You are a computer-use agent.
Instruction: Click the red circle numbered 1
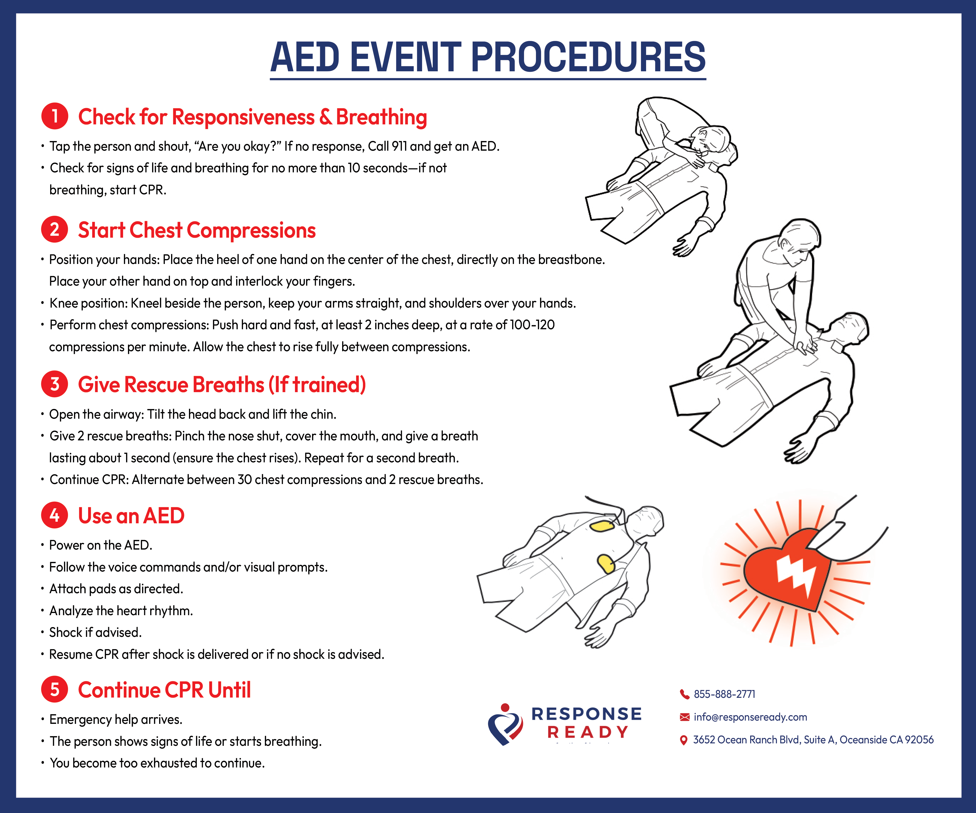55,116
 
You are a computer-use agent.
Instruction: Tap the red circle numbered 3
55,384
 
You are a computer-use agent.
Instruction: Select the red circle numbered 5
55,689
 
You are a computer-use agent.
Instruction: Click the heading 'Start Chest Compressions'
197,230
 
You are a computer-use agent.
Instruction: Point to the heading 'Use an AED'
131,516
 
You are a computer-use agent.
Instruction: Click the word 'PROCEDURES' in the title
588,58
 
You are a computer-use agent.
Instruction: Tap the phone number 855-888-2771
724,694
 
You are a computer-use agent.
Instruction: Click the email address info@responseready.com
750,717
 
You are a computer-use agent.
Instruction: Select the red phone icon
684,694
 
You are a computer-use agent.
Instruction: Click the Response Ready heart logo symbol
505,725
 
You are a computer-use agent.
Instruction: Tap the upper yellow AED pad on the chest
602,526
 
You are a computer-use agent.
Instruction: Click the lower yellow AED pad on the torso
606,563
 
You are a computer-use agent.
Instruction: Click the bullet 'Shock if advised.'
95,632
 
